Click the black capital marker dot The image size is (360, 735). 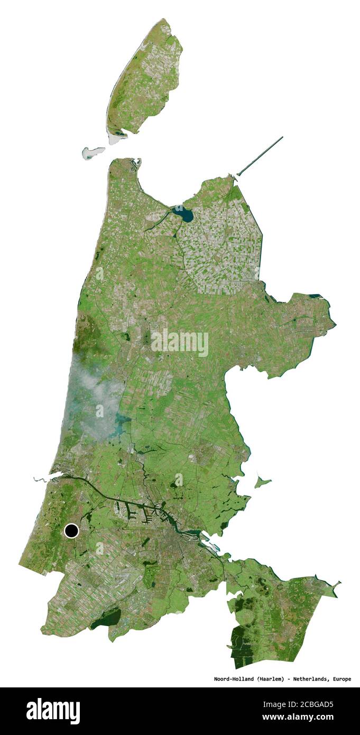(71, 530)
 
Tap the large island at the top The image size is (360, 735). (145, 79)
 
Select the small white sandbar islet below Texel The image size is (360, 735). (93, 153)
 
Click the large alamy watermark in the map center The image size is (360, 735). (180, 343)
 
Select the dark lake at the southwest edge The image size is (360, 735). (106, 619)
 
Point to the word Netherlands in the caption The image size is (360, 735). (311, 679)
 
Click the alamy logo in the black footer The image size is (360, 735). (53, 711)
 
